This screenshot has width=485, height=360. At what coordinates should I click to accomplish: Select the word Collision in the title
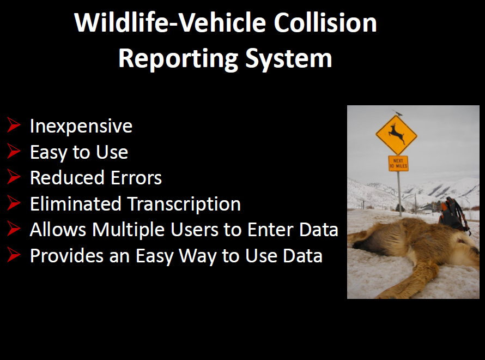[x=325, y=22]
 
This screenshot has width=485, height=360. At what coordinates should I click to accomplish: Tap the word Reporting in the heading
[x=178, y=59]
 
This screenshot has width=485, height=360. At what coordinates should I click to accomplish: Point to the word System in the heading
[x=289, y=59]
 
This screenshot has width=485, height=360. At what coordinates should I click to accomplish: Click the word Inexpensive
[x=81, y=126]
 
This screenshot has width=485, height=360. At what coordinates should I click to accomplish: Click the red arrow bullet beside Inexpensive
[x=14, y=125]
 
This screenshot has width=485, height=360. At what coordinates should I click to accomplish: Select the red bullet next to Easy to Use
[x=14, y=151]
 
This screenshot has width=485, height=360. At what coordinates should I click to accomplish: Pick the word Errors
[x=136, y=178]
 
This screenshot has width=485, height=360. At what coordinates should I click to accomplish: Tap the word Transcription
[x=184, y=204]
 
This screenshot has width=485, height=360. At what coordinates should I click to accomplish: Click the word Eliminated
[x=75, y=203]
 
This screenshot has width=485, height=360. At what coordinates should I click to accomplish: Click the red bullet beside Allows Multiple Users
[x=14, y=229]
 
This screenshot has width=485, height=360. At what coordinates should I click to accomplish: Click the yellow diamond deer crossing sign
[x=396, y=135]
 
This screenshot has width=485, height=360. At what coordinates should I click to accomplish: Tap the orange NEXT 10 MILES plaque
[x=398, y=163]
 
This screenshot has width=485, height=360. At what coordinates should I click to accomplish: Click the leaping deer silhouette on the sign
[x=396, y=134]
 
